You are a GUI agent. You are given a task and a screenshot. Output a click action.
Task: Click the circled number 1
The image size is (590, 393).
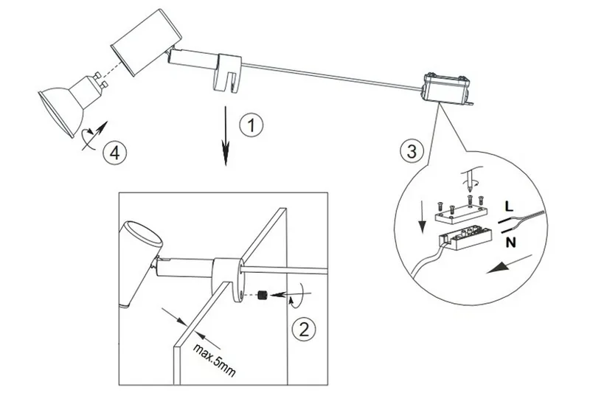(x=253, y=125)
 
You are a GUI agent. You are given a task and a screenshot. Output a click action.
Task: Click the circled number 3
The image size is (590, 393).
(x=412, y=153)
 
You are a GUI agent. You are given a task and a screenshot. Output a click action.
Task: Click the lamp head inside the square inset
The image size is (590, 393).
(x=140, y=258)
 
